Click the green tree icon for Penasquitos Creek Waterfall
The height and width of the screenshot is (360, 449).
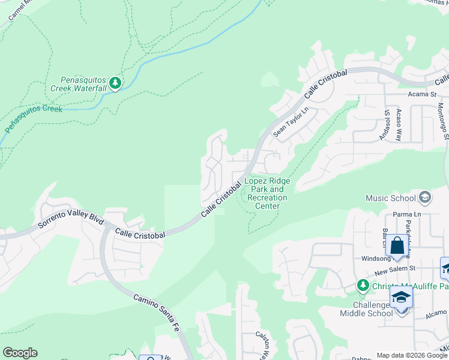pyautogui.click(x=115, y=83)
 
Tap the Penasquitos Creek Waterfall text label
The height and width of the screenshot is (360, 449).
pyautogui.click(x=83, y=84)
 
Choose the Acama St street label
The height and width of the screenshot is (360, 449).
pyautogui.click(x=423, y=94)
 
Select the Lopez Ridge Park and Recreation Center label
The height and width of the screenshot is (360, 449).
pyautogui.click(x=267, y=193)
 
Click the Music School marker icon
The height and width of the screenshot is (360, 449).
pyautogui.click(x=425, y=197)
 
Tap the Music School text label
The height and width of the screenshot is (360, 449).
pyautogui.click(x=391, y=198)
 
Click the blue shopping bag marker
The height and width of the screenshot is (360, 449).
pyautogui.click(x=397, y=246)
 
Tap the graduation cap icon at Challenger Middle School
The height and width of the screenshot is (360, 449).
pyautogui.click(x=400, y=298)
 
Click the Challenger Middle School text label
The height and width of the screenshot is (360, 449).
pyautogui.click(x=366, y=308)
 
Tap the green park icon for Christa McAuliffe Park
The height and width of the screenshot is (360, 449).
pyautogui.click(x=362, y=285)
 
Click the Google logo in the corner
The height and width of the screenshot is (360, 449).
pyautogui.click(x=19, y=353)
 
